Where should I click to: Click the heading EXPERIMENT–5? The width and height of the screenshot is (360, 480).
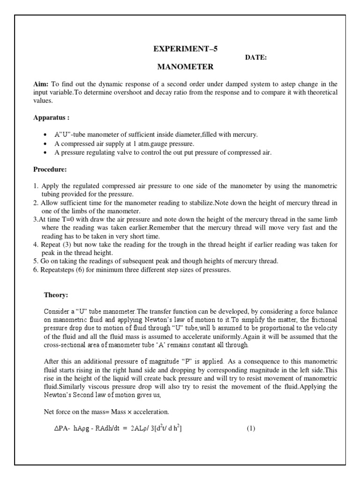click(187, 49)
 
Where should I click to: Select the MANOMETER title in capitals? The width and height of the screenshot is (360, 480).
click(185, 67)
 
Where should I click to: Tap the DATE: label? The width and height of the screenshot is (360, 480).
click(256, 58)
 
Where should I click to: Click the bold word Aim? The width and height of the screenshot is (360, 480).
click(41, 84)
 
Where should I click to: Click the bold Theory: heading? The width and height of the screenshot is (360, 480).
click(56, 295)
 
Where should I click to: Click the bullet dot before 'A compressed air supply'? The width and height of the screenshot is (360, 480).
click(45, 144)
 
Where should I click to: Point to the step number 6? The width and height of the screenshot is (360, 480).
click(35, 270)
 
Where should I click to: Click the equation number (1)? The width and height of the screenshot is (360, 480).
click(251, 429)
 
